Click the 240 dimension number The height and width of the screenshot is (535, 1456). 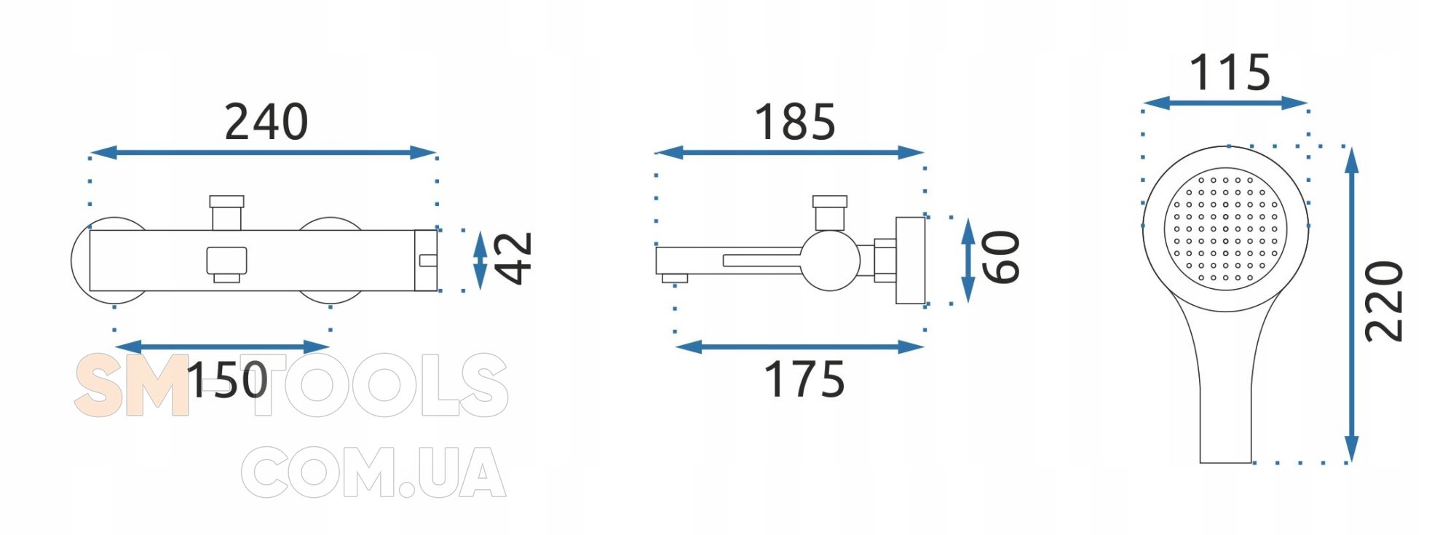click(x=266, y=122)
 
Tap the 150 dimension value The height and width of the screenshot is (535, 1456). click(x=227, y=380)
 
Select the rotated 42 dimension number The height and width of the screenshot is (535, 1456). click(x=514, y=258)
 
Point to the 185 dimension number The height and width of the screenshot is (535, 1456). click(x=795, y=122)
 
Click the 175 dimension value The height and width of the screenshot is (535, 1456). click(x=804, y=380)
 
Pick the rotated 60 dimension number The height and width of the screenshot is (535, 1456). click(x=1001, y=256)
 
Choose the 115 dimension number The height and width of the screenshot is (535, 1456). click(x=1230, y=72)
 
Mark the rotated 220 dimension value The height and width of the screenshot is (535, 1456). click(x=1384, y=301)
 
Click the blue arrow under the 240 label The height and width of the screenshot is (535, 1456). click(x=263, y=152)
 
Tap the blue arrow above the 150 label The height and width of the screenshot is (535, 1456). click(x=222, y=346)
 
